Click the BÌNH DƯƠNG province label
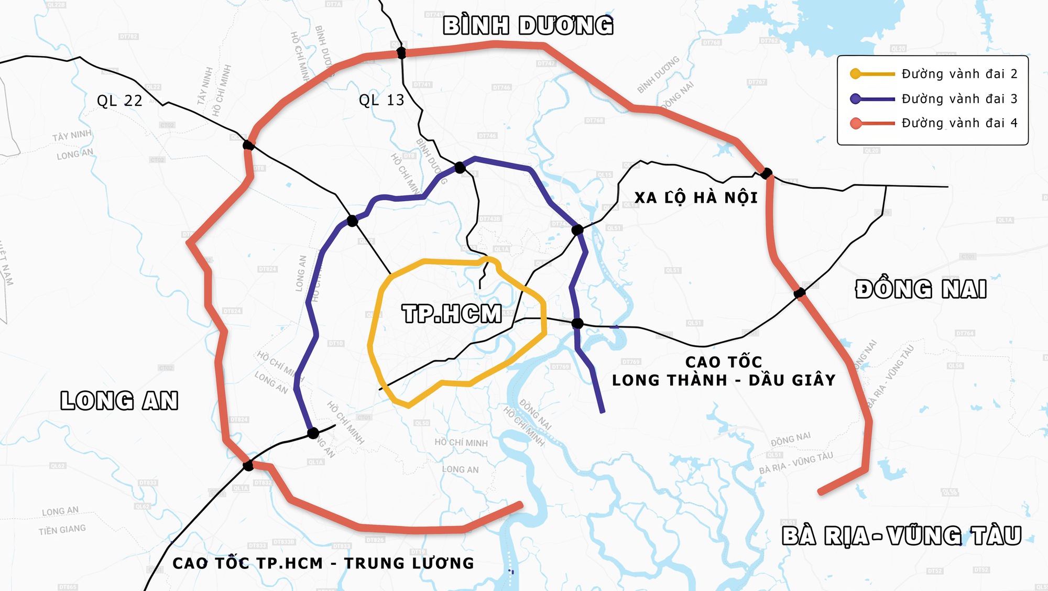pyautogui.click(x=528, y=26)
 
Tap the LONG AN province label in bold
pyautogui.click(x=119, y=401)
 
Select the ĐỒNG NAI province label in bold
pyautogui.click(x=921, y=289)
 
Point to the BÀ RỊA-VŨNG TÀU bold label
pyautogui.click(x=901, y=536)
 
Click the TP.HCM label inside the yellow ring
pyautogui.click(x=452, y=314)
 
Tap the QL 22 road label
pyautogui.click(x=119, y=101)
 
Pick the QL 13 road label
pyautogui.click(x=381, y=100)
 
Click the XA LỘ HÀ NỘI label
pyautogui.click(x=696, y=198)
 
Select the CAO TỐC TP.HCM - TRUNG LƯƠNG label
pyautogui.click(x=323, y=563)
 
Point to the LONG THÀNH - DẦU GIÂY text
pyautogui.click(x=724, y=380)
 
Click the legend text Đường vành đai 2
pyautogui.click(x=959, y=74)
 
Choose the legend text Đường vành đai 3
pyautogui.click(x=959, y=98)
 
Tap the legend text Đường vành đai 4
pyautogui.click(x=959, y=123)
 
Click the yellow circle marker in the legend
pyautogui.click(x=856, y=74)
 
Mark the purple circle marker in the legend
pyautogui.click(x=856, y=98)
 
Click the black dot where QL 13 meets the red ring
pyautogui.click(x=401, y=52)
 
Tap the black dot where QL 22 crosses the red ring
pyautogui.click(x=248, y=145)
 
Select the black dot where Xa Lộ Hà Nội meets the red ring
pyautogui.click(x=767, y=173)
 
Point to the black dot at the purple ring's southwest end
pyautogui.click(x=313, y=433)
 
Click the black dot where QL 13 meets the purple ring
pyautogui.click(x=460, y=168)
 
